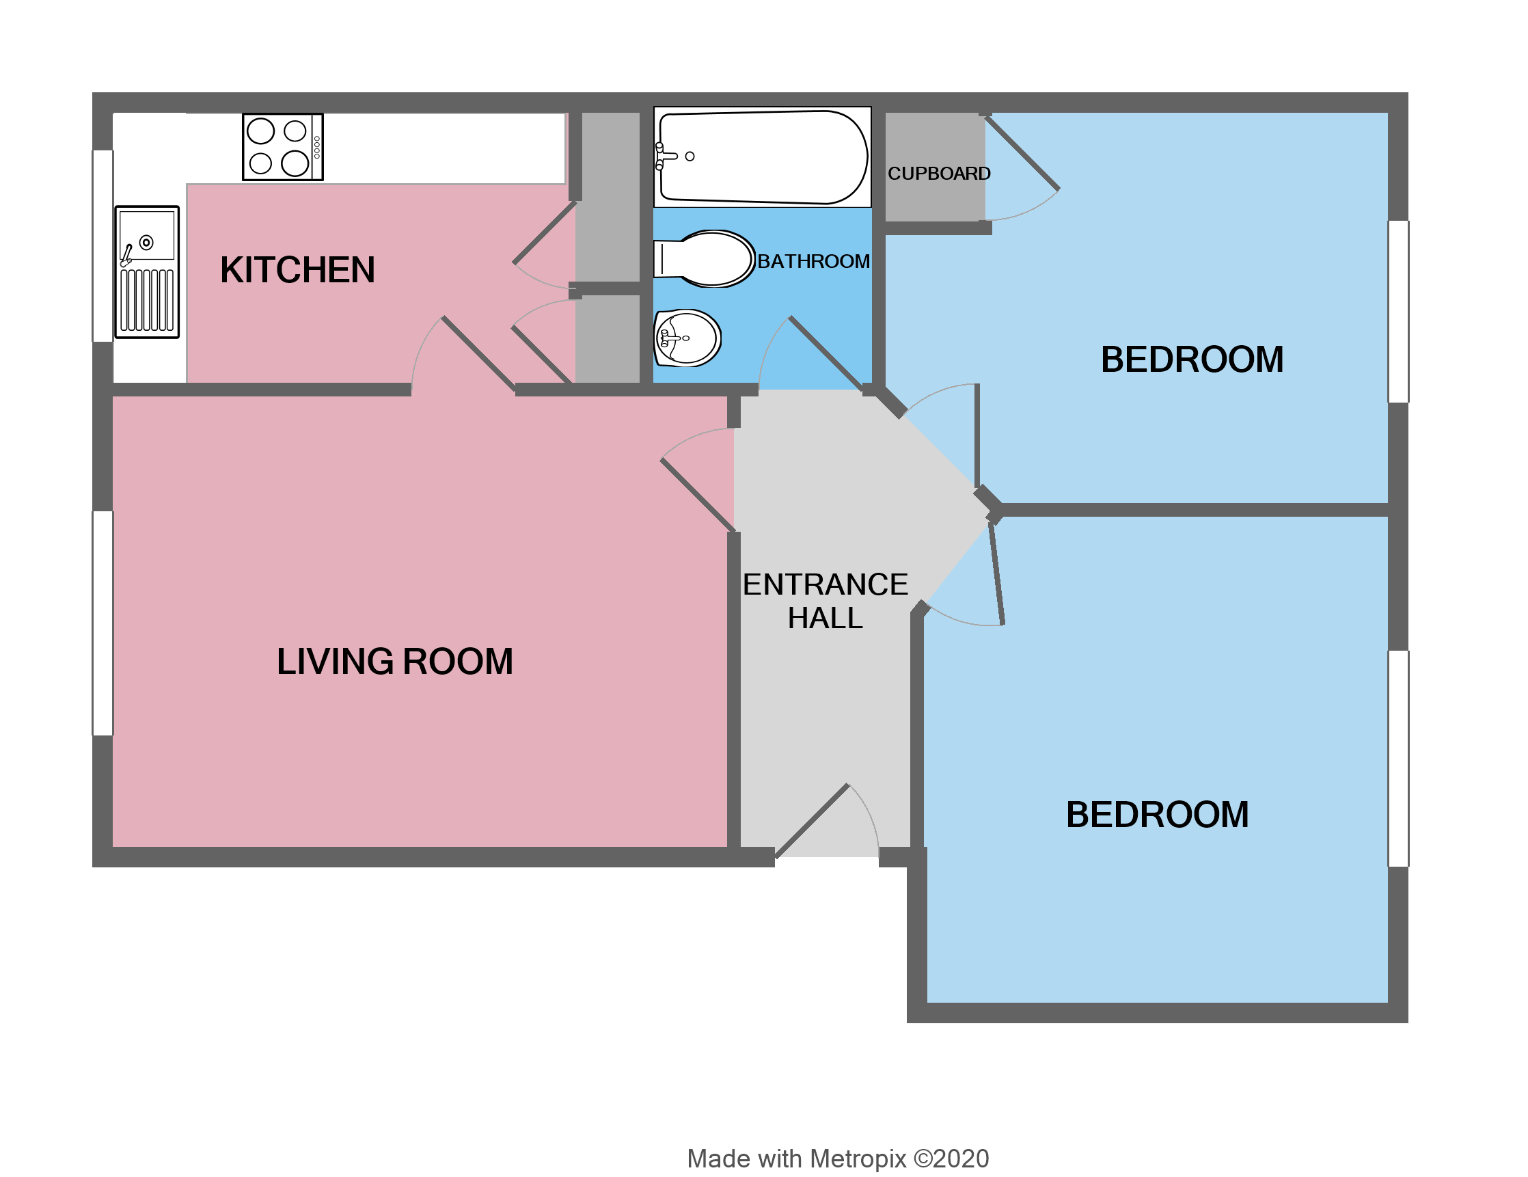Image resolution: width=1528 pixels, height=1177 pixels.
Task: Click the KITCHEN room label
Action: [297, 270]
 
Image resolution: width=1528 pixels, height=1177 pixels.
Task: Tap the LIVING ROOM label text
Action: [394, 661]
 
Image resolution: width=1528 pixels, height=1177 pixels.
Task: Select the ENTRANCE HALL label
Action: [825, 601]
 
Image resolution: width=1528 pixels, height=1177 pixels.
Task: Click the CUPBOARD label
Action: [939, 174]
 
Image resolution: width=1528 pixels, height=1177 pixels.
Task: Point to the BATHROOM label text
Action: [813, 261]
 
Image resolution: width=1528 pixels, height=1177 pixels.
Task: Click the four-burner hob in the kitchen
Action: [283, 147]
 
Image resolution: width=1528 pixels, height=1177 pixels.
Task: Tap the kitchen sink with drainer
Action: [147, 271]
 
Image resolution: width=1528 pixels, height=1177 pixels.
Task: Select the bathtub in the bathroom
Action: [763, 157]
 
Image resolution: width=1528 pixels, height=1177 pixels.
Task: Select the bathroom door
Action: [826, 353]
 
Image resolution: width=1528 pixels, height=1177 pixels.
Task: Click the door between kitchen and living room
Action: [478, 353]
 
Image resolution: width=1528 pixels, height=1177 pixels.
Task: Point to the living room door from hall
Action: [697, 494]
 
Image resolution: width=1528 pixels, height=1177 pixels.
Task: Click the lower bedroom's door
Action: [997, 574]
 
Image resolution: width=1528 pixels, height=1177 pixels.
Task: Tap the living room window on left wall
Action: [103, 623]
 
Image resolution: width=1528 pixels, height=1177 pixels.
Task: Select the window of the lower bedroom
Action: [1398, 759]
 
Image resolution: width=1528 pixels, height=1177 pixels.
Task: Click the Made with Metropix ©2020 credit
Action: [838, 1158]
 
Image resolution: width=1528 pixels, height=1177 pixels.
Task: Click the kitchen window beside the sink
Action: [103, 245]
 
